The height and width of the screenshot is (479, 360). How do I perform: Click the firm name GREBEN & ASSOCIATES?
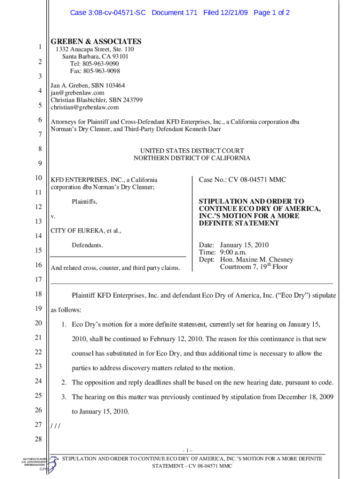96,42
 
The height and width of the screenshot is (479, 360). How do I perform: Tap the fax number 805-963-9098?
101,71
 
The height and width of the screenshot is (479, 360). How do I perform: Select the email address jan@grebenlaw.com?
78,93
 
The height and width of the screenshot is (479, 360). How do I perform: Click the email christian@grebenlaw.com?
85,107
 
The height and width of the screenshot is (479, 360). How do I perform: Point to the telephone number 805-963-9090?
101,64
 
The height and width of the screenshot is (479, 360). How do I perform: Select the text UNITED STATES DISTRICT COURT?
192,151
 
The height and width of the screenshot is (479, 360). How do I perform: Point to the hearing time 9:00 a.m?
233,252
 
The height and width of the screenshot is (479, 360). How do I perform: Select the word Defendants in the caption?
87,245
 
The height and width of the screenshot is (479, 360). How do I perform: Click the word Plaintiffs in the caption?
85,202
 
